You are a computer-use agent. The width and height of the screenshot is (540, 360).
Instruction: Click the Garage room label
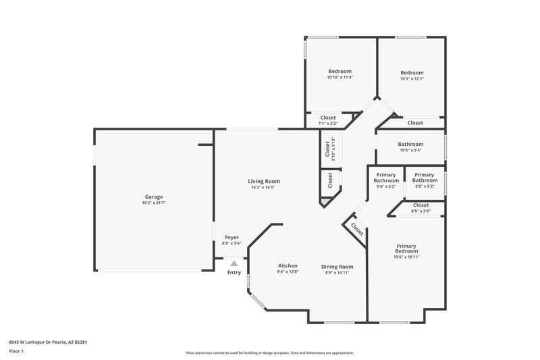[153, 197]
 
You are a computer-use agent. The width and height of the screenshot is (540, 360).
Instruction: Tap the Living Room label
[264, 181]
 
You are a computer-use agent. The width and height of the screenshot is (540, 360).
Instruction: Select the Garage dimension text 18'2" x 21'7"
[153, 203]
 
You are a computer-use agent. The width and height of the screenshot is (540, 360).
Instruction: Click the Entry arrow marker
[234, 264]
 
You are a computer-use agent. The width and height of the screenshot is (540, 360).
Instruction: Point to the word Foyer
[232, 238]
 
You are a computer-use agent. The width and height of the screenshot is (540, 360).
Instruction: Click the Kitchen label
[288, 265]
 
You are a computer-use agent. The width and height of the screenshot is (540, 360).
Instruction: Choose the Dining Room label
[337, 266]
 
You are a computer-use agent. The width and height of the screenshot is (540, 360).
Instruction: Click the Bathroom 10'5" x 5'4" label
[410, 144]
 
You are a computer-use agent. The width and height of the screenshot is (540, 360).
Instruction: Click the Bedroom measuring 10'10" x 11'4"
[340, 72]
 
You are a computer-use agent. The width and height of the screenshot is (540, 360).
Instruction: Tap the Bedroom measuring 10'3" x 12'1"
[412, 73]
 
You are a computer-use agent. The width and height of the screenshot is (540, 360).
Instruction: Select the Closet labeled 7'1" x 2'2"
[327, 118]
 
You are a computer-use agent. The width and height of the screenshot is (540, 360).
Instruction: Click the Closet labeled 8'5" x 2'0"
[421, 205]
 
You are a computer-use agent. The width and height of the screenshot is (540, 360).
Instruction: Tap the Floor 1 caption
[17, 352]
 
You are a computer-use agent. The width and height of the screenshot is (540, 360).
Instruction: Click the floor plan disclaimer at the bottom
[270, 353]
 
